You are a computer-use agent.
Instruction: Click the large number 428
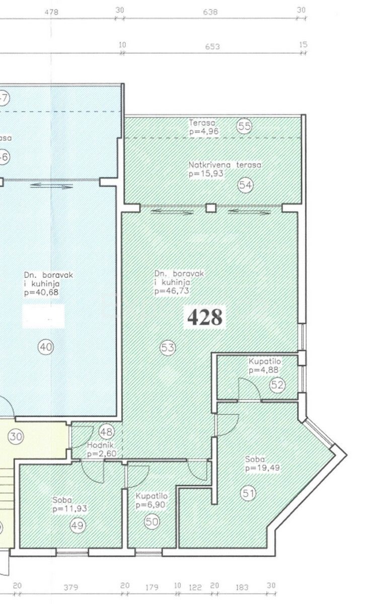pyautogui.click(x=205, y=317)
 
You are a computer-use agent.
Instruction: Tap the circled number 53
pyautogui.click(x=168, y=347)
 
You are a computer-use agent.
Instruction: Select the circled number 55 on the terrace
pyautogui.click(x=244, y=126)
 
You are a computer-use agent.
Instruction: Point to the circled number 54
pyautogui.click(x=245, y=185)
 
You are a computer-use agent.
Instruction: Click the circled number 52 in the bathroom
pyautogui.click(x=277, y=385)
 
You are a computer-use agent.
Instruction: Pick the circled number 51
pyautogui.click(x=247, y=493)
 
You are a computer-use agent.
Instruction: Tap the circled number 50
pyautogui.click(x=152, y=522)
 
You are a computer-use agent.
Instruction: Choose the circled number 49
pyautogui.click(x=78, y=525)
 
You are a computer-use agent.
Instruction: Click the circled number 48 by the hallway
pyautogui.click(x=106, y=431)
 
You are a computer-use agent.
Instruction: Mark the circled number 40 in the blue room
pyautogui.click(x=46, y=347)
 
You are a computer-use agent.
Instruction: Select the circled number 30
pyautogui.click(x=16, y=437)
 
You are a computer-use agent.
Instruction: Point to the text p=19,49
pyautogui.click(x=262, y=468)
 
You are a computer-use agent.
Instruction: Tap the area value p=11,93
pyautogui.click(x=69, y=509)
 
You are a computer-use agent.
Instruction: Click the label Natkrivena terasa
pyautogui.click(x=225, y=165)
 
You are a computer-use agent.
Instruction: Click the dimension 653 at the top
pyautogui.click(x=212, y=46)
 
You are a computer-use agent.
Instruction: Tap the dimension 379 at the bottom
pyautogui.click(x=72, y=587)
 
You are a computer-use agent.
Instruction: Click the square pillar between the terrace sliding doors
pyautogui.click(x=211, y=207)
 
